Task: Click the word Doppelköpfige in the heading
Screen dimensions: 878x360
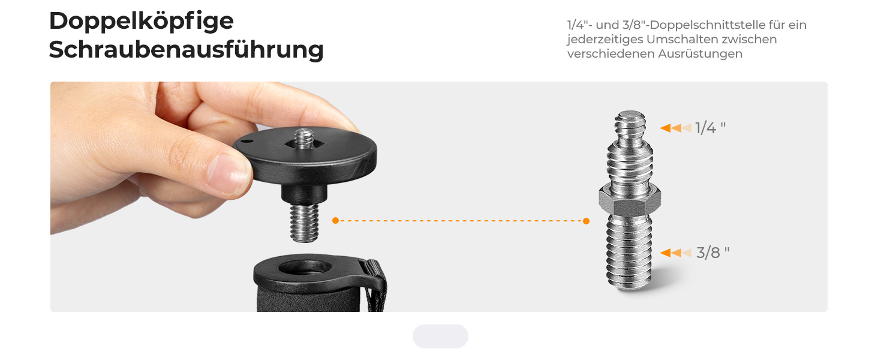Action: point(141,22)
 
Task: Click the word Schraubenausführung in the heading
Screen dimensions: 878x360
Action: point(186,50)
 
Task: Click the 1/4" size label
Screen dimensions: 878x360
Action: point(710,128)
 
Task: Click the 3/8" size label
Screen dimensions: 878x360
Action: point(712,253)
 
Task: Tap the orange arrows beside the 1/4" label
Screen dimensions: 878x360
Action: point(676,128)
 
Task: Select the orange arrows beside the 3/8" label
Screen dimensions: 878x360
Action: point(676,253)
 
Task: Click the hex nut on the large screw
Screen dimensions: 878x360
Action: point(630,200)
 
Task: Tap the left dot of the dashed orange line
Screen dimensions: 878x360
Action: point(335,220)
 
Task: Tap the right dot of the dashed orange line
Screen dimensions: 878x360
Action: point(586,221)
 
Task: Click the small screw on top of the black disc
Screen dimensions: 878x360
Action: point(304,137)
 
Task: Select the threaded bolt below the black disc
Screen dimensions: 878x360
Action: point(304,223)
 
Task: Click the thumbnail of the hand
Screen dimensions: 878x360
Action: point(229,173)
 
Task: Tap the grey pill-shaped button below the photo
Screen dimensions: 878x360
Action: point(440,336)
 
